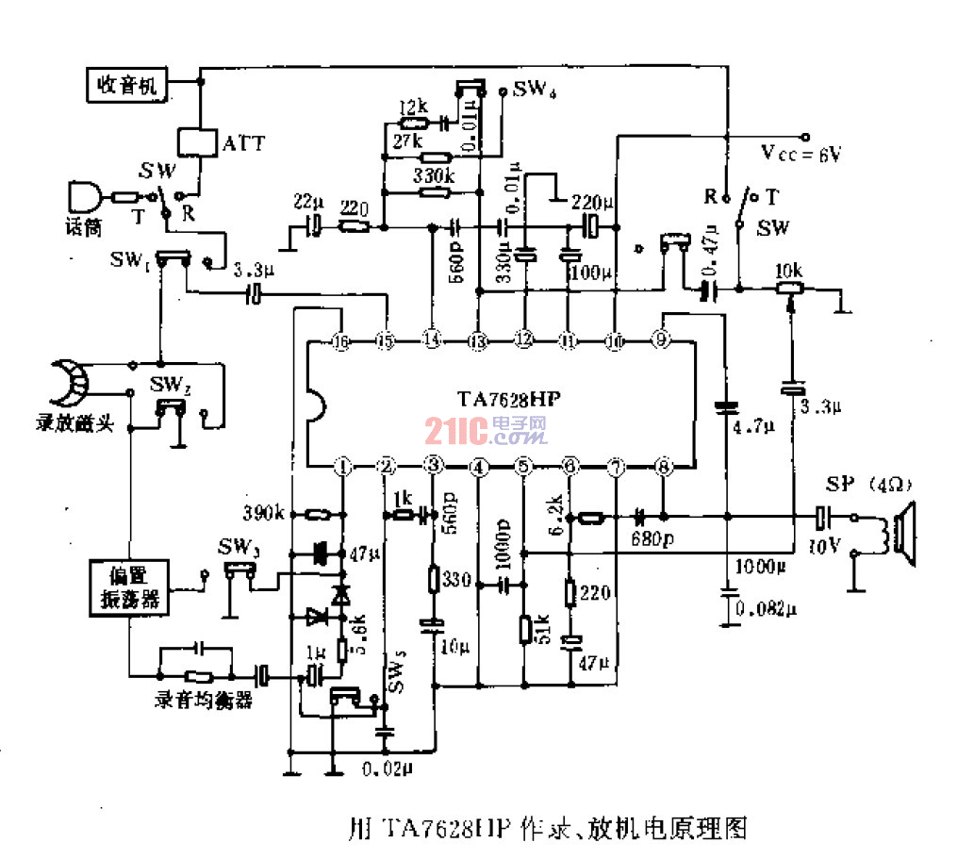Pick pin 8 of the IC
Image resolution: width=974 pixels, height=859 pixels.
(x=664, y=466)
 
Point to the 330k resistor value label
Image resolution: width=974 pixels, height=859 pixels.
(x=434, y=175)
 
